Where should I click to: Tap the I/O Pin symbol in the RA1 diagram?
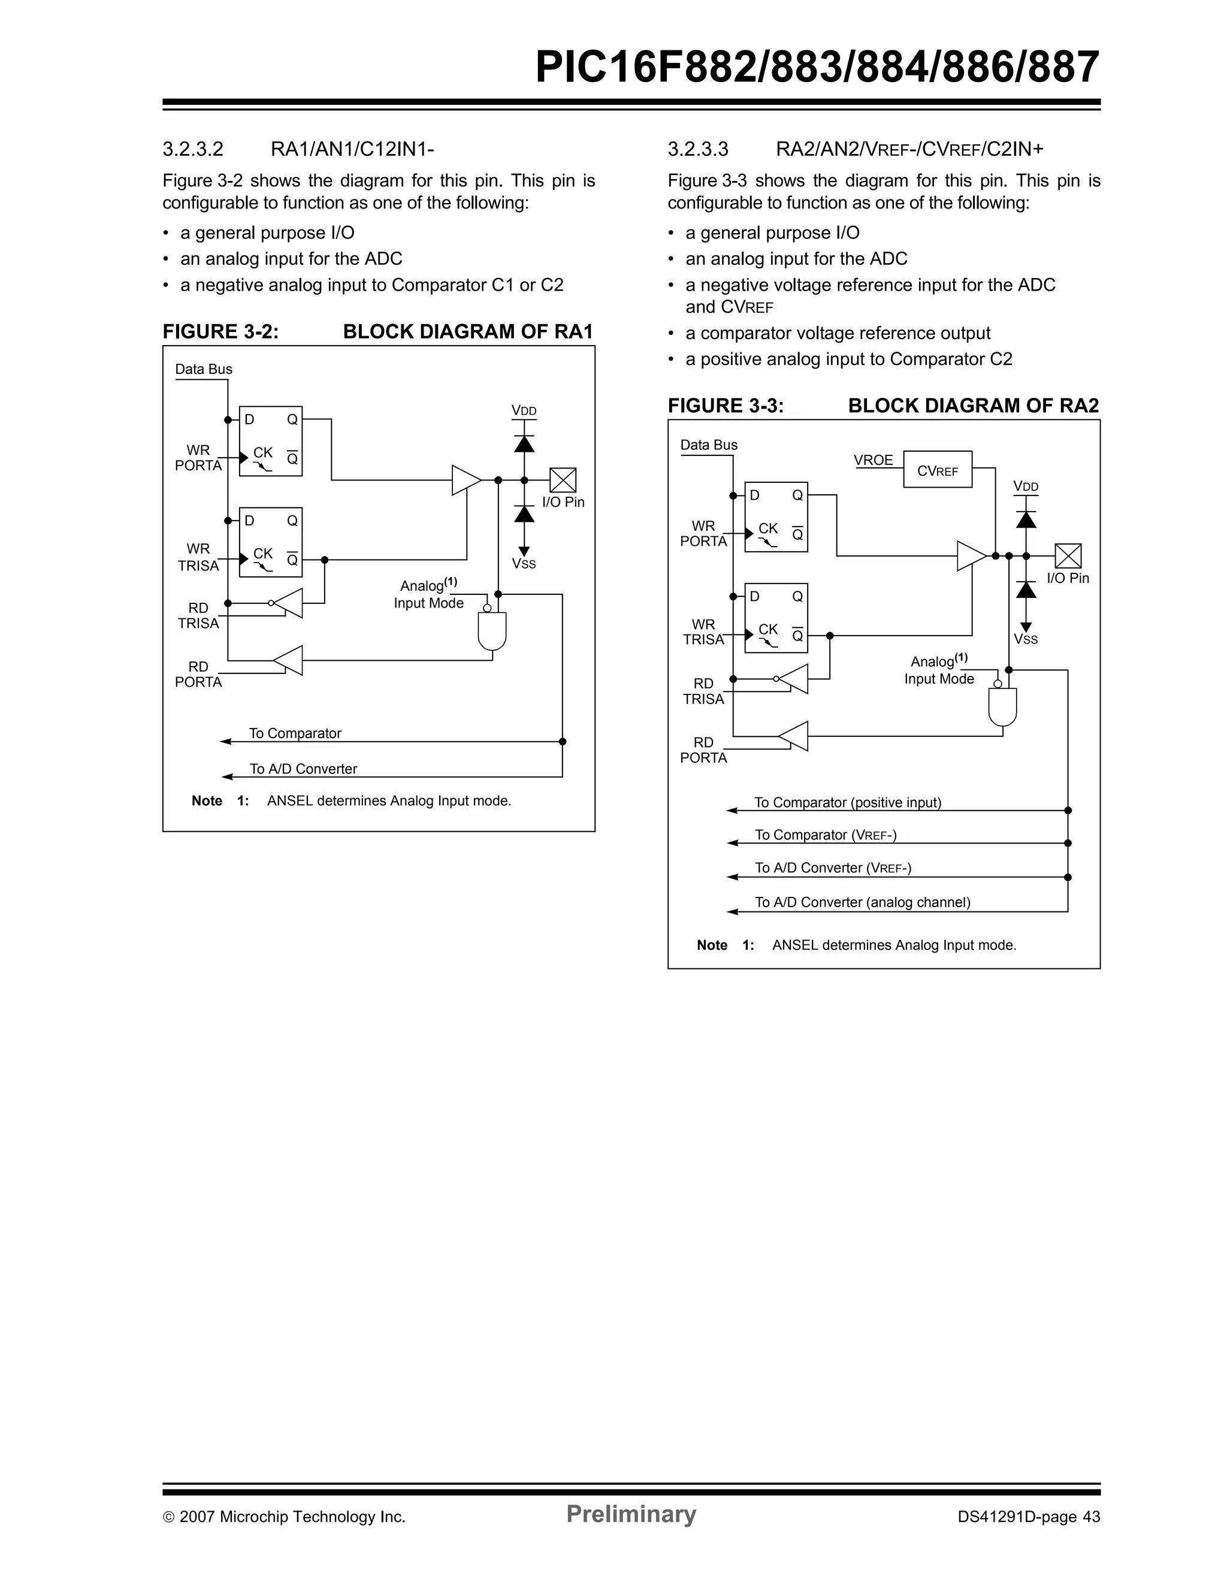click(563, 480)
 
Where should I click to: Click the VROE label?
click(874, 460)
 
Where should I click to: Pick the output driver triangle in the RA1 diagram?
click(466, 480)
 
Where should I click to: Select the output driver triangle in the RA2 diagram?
click(971, 556)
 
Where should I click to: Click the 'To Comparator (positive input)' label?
click(847, 802)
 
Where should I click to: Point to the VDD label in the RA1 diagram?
click(524, 411)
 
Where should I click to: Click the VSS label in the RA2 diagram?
click(1026, 640)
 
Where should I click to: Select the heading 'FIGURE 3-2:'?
click(220, 332)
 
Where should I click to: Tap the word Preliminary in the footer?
click(631, 1514)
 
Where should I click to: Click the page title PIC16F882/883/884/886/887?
click(817, 68)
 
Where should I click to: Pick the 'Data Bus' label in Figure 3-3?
click(709, 445)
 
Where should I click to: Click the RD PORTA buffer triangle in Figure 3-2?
click(288, 660)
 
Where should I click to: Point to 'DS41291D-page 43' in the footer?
click(1029, 1517)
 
